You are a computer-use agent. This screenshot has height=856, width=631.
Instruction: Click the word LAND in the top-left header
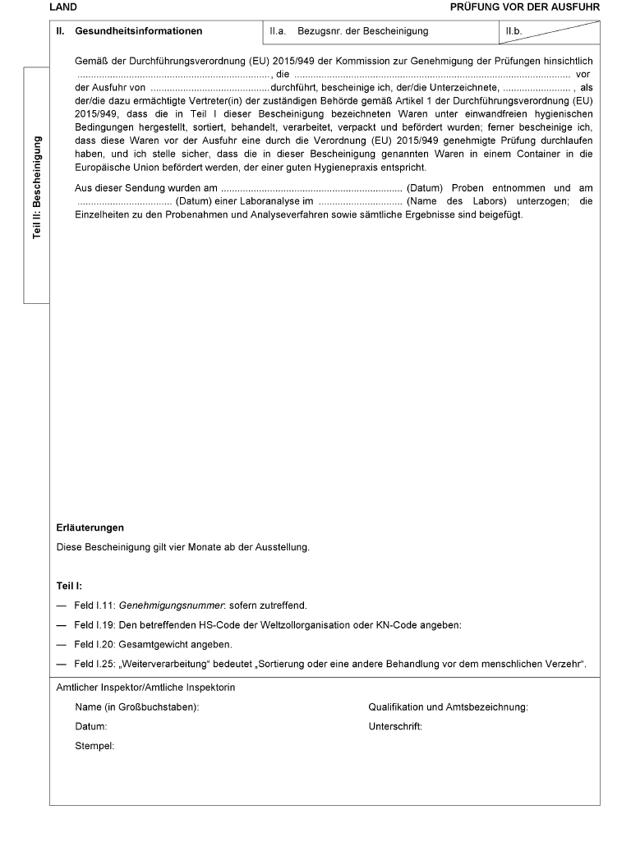click(63, 7)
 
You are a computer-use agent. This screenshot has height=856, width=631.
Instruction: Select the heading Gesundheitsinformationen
click(138, 32)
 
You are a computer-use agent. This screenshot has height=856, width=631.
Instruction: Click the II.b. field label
click(515, 32)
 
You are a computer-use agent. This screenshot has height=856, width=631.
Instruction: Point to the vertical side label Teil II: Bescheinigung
click(37, 186)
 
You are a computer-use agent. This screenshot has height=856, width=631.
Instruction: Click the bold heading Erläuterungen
click(90, 527)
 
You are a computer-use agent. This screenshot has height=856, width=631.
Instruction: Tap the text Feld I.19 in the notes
click(94, 625)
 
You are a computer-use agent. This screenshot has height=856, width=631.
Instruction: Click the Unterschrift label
click(395, 727)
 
